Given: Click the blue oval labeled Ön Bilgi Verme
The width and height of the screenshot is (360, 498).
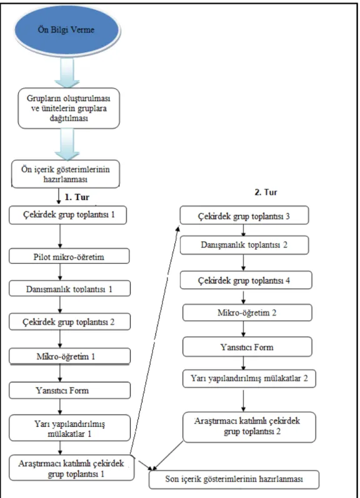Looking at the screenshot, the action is (x=66, y=30).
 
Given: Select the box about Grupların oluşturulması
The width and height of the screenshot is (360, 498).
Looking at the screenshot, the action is (x=69, y=108).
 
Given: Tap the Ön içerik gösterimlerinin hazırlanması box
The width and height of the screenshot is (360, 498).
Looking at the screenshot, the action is (x=66, y=174).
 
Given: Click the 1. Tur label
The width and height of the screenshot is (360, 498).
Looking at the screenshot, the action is (x=77, y=197).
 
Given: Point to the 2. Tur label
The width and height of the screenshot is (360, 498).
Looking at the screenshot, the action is (x=266, y=192).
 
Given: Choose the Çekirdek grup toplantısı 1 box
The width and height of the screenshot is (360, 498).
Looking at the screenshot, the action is (x=67, y=215).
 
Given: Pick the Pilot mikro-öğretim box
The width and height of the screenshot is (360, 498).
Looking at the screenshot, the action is (x=69, y=256).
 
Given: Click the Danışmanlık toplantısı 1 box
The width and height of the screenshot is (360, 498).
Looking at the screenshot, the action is (x=69, y=289).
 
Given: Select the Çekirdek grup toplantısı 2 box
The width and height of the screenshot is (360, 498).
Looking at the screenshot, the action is (x=69, y=321).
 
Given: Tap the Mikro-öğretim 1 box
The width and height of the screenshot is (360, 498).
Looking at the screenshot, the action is (x=69, y=356).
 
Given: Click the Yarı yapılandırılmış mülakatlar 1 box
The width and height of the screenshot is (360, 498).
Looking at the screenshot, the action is (x=69, y=428).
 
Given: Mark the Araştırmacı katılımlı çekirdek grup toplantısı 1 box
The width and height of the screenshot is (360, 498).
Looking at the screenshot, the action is (x=71, y=468).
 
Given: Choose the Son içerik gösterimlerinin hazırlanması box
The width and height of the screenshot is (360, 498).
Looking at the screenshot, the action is (x=234, y=479).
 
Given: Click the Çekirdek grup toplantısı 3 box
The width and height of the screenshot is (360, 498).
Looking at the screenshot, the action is (x=244, y=216).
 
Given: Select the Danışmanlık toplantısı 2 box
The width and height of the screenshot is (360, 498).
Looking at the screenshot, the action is (x=244, y=245).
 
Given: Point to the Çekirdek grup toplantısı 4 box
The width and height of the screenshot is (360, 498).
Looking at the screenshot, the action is (x=246, y=280).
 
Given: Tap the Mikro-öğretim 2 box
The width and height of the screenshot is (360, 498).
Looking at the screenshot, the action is (x=247, y=312).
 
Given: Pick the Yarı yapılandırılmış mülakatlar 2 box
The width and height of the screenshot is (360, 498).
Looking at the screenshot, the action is (x=249, y=378).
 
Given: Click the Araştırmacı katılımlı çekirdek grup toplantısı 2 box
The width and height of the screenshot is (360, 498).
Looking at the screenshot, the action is (x=249, y=427).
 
